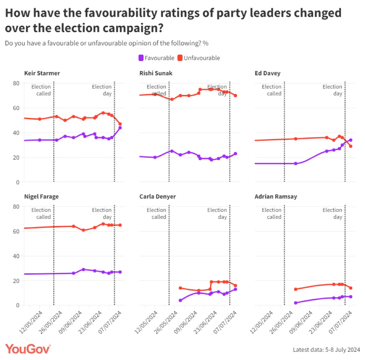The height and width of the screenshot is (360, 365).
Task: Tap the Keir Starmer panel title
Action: tap(42, 74)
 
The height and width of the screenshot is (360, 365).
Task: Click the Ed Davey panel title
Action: tap(267, 74)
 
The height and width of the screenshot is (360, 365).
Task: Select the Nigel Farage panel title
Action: tap(41, 197)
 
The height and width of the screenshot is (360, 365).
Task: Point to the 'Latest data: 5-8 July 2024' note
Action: tap(326, 349)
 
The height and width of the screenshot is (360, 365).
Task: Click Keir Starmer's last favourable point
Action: tap(120, 127)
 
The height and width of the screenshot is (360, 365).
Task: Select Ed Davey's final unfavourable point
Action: tap(351, 146)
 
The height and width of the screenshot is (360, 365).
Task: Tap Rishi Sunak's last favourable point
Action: tap(236, 154)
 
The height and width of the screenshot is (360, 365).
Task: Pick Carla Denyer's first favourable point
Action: tap(180, 300)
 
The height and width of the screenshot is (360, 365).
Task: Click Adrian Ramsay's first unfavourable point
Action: tap(296, 289)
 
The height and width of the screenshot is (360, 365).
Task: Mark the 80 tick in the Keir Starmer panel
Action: tap(16, 83)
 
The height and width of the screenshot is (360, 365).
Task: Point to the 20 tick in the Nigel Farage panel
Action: tap(16, 281)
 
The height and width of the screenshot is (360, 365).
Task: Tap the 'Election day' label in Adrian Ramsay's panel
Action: tap(332, 213)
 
